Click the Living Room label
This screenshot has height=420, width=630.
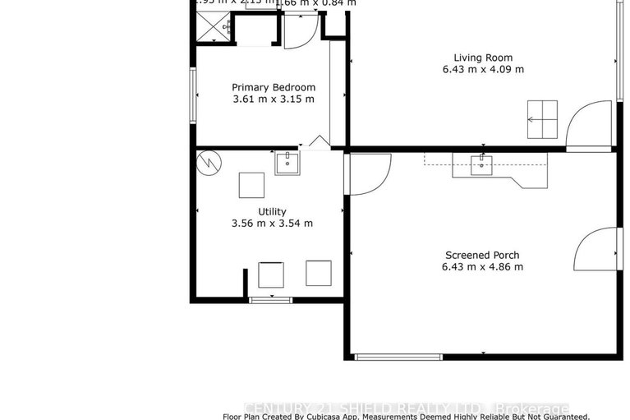coord(483,58)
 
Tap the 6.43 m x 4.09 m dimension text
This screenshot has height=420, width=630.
coord(483,69)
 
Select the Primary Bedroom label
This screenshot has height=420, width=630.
coord(273,87)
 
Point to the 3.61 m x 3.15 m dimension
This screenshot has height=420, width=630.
coord(273,99)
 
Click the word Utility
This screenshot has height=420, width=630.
coord(272,211)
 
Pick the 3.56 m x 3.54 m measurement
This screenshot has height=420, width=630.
coord(272,223)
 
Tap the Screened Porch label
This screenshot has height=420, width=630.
coord(482,255)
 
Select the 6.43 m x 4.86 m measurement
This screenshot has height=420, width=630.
coord(482,266)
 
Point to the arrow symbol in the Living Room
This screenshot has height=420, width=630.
coord(542,118)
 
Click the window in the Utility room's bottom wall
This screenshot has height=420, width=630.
coord(270,300)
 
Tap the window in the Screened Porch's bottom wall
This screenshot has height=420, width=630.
coord(398,356)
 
